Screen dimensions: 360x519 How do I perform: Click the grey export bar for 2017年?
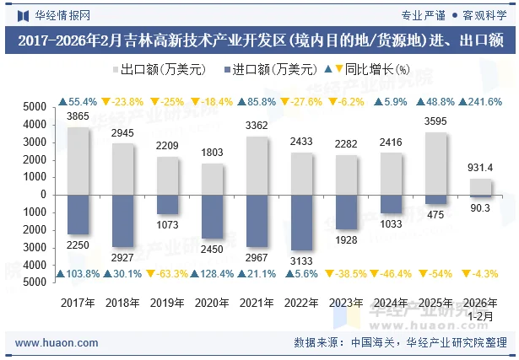[x=78, y=160]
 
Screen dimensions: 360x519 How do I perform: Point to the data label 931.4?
[x=480, y=169]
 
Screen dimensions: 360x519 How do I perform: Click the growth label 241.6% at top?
[x=480, y=102]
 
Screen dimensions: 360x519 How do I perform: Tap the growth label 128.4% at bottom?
[x=213, y=274]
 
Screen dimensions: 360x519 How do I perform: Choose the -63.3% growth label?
[x=168, y=274]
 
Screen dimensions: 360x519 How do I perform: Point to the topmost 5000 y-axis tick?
[x=35, y=107]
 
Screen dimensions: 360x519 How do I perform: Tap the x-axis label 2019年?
[x=168, y=302]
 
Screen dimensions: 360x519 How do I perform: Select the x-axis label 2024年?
[x=392, y=302]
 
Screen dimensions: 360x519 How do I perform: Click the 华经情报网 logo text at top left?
[x=61, y=14]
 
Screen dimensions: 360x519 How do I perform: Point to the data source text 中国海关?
[x=374, y=343]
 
